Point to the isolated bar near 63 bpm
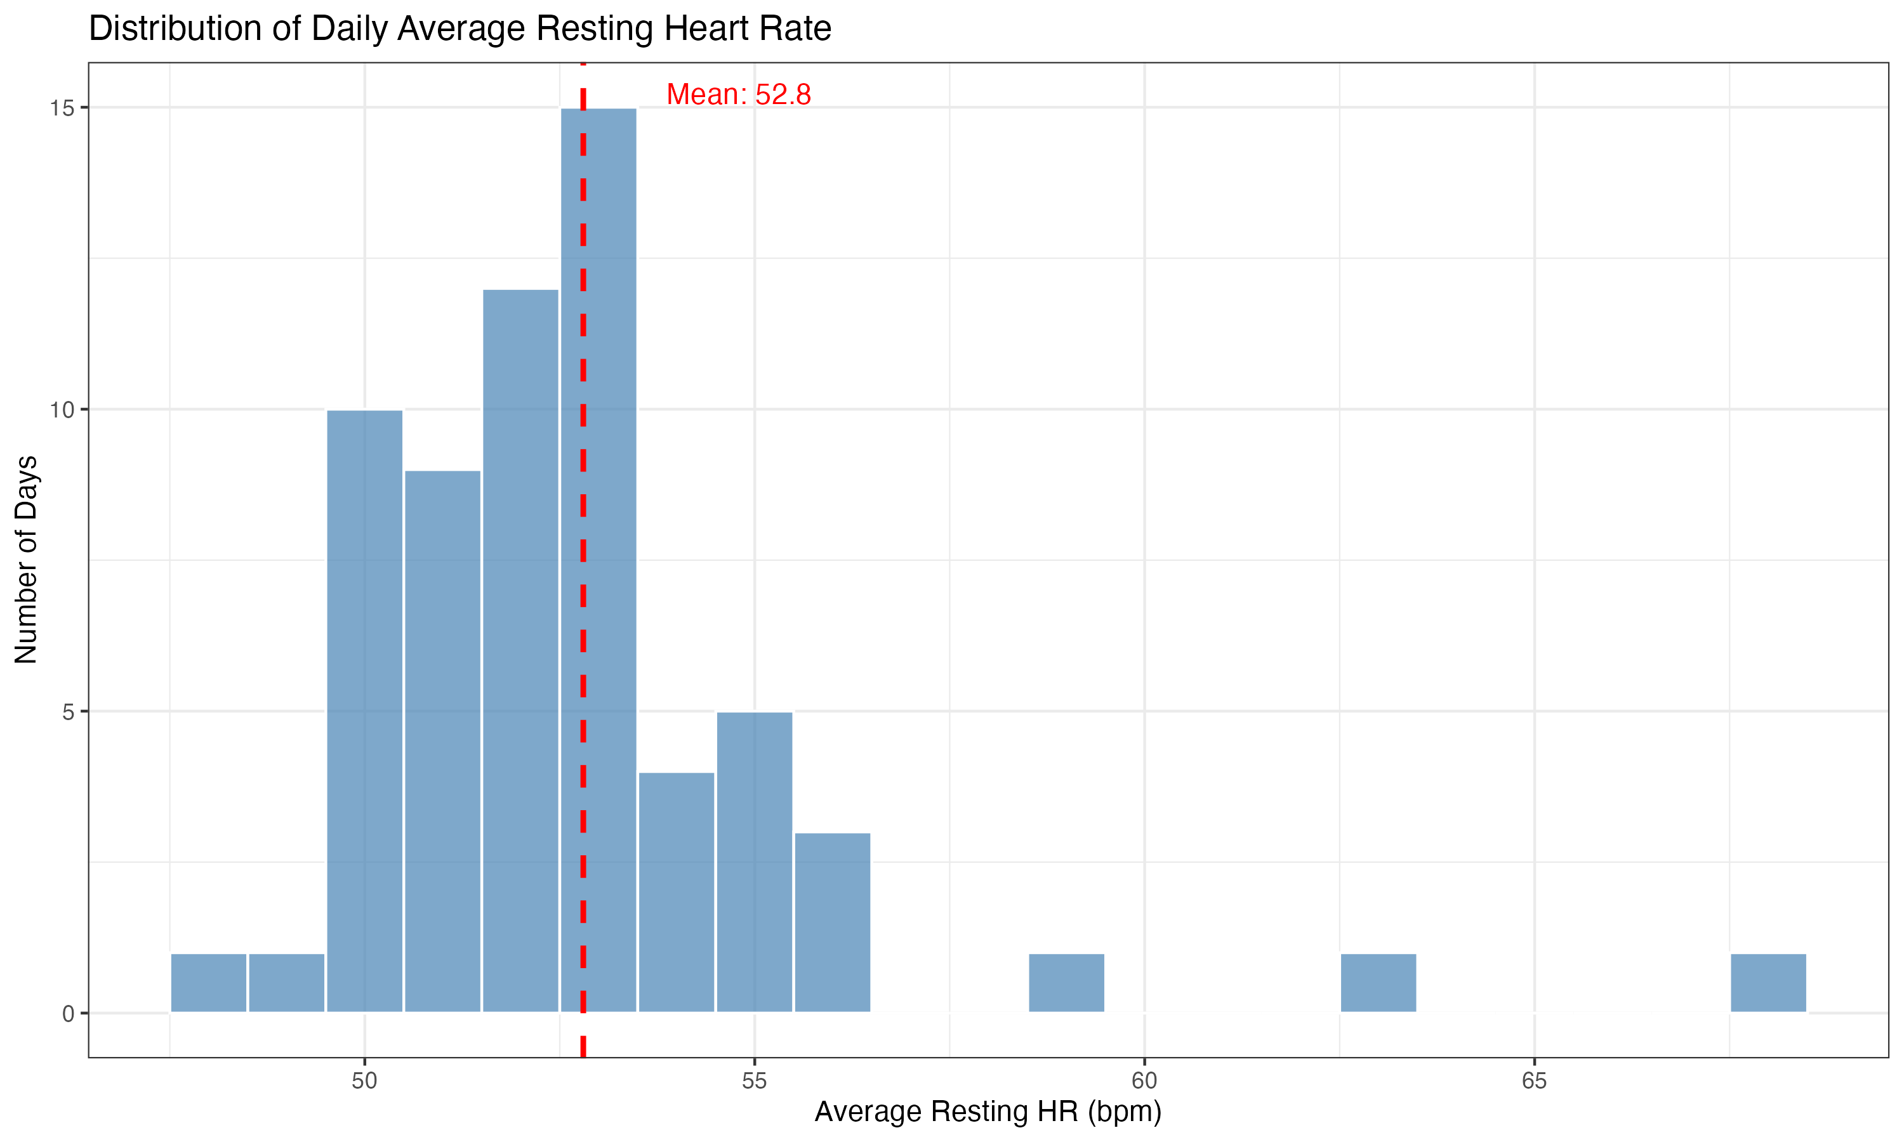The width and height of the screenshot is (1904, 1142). pyautogui.click(x=1378, y=983)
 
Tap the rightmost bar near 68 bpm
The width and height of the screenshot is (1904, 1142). pyautogui.click(x=1768, y=983)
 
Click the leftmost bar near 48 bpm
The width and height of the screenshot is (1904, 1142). pyautogui.click(x=209, y=983)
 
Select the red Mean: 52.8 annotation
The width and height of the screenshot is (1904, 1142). pyautogui.click(x=738, y=95)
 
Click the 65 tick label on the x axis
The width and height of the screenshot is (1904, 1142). pyautogui.click(x=1534, y=1081)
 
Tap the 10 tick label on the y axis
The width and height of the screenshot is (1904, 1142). pyautogui.click(x=62, y=410)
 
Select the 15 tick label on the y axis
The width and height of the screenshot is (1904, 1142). pyautogui.click(x=62, y=108)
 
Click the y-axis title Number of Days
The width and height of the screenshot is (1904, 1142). pyautogui.click(x=26, y=560)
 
